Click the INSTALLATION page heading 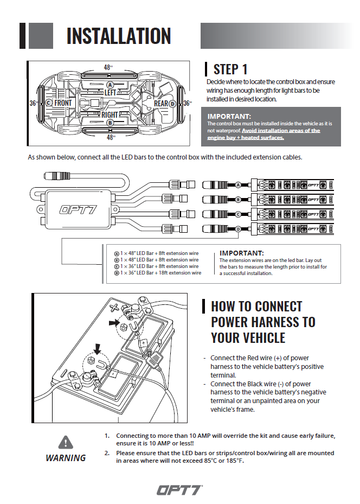(x=118, y=36)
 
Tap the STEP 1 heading (x=230, y=69)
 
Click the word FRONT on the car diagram (x=63, y=103)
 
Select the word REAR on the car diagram (x=160, y=103)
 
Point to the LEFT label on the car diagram (x=110, y=93)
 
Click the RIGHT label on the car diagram (x=110, y=115)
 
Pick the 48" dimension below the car (x=111, y=138)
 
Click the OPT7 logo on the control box (x=79, y=209)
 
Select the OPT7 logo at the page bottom (x=179, y=490)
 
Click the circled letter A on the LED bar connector (x=238, y=185)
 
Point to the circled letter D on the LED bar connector (x=238, y=230)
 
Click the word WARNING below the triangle (x=66, y=458)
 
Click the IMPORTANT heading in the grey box (x=229, y=116)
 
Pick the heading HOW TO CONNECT (x=256, y=307)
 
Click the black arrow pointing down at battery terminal (x=98, y=348)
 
